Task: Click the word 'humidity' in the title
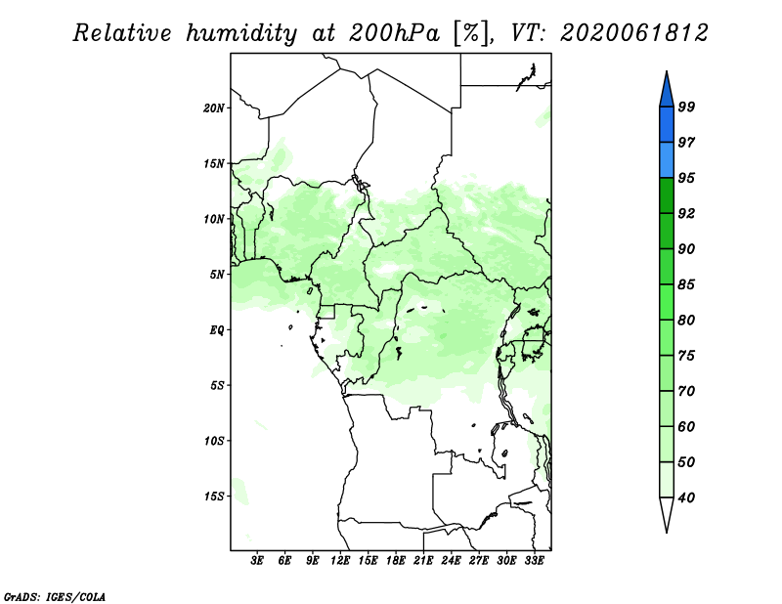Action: tap(241, 34)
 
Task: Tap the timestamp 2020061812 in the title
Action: tap(633, 33)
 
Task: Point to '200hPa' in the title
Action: tap(394, 33)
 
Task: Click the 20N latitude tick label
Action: tap(214, 108)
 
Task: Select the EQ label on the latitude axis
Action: tap(217, 330)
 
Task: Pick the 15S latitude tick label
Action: tap(214, 496)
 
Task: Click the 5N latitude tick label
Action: tap(217, 275)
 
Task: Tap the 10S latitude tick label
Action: tap(214, 441)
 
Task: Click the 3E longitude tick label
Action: tap(257, 560)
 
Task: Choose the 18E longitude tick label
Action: tap(396, 560)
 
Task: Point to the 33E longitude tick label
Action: tap(534, 560)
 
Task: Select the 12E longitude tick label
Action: tap(340, 560)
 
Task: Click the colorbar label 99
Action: tap(686, 107)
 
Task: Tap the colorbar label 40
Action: tap(686, 497)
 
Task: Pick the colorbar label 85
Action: tap(686, 284)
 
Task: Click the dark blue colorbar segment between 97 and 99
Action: tap(667, 125)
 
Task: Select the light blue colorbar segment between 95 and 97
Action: tap(667, 160)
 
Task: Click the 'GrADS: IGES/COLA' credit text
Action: tap(55, 597)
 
